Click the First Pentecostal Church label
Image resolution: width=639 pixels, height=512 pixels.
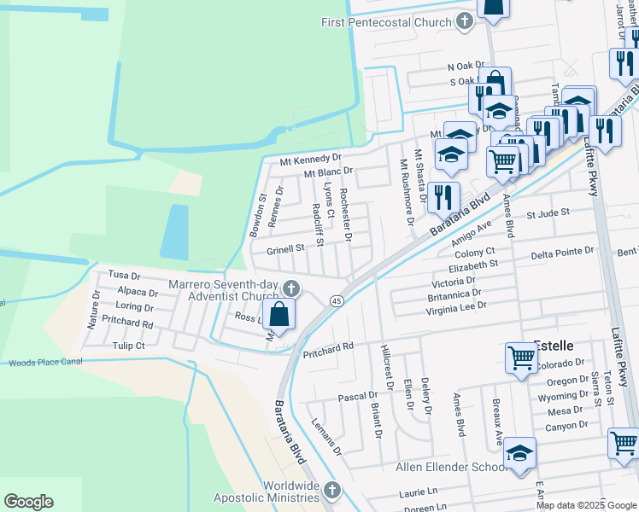click(385, 21)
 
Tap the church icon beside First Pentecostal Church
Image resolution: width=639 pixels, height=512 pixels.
click(464, 21)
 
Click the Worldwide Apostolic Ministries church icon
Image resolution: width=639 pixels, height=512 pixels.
click(333, 491)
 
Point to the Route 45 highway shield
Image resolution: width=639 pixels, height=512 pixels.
click(337, 301)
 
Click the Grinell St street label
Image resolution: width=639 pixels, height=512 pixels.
click(285, 249)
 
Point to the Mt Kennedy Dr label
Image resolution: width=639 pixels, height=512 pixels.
click(311, 160)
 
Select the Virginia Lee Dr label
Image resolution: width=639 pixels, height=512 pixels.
click(456, 305)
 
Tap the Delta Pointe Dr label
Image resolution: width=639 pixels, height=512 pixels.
click(562, 253)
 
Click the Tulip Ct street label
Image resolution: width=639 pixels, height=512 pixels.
click(128, 346)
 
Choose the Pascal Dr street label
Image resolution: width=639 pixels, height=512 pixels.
click(358, 397)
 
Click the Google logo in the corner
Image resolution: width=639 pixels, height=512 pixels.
click(28, 502)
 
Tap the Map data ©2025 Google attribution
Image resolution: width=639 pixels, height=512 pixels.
click(587, 505)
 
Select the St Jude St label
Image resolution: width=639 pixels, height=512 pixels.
click(548, 213)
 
